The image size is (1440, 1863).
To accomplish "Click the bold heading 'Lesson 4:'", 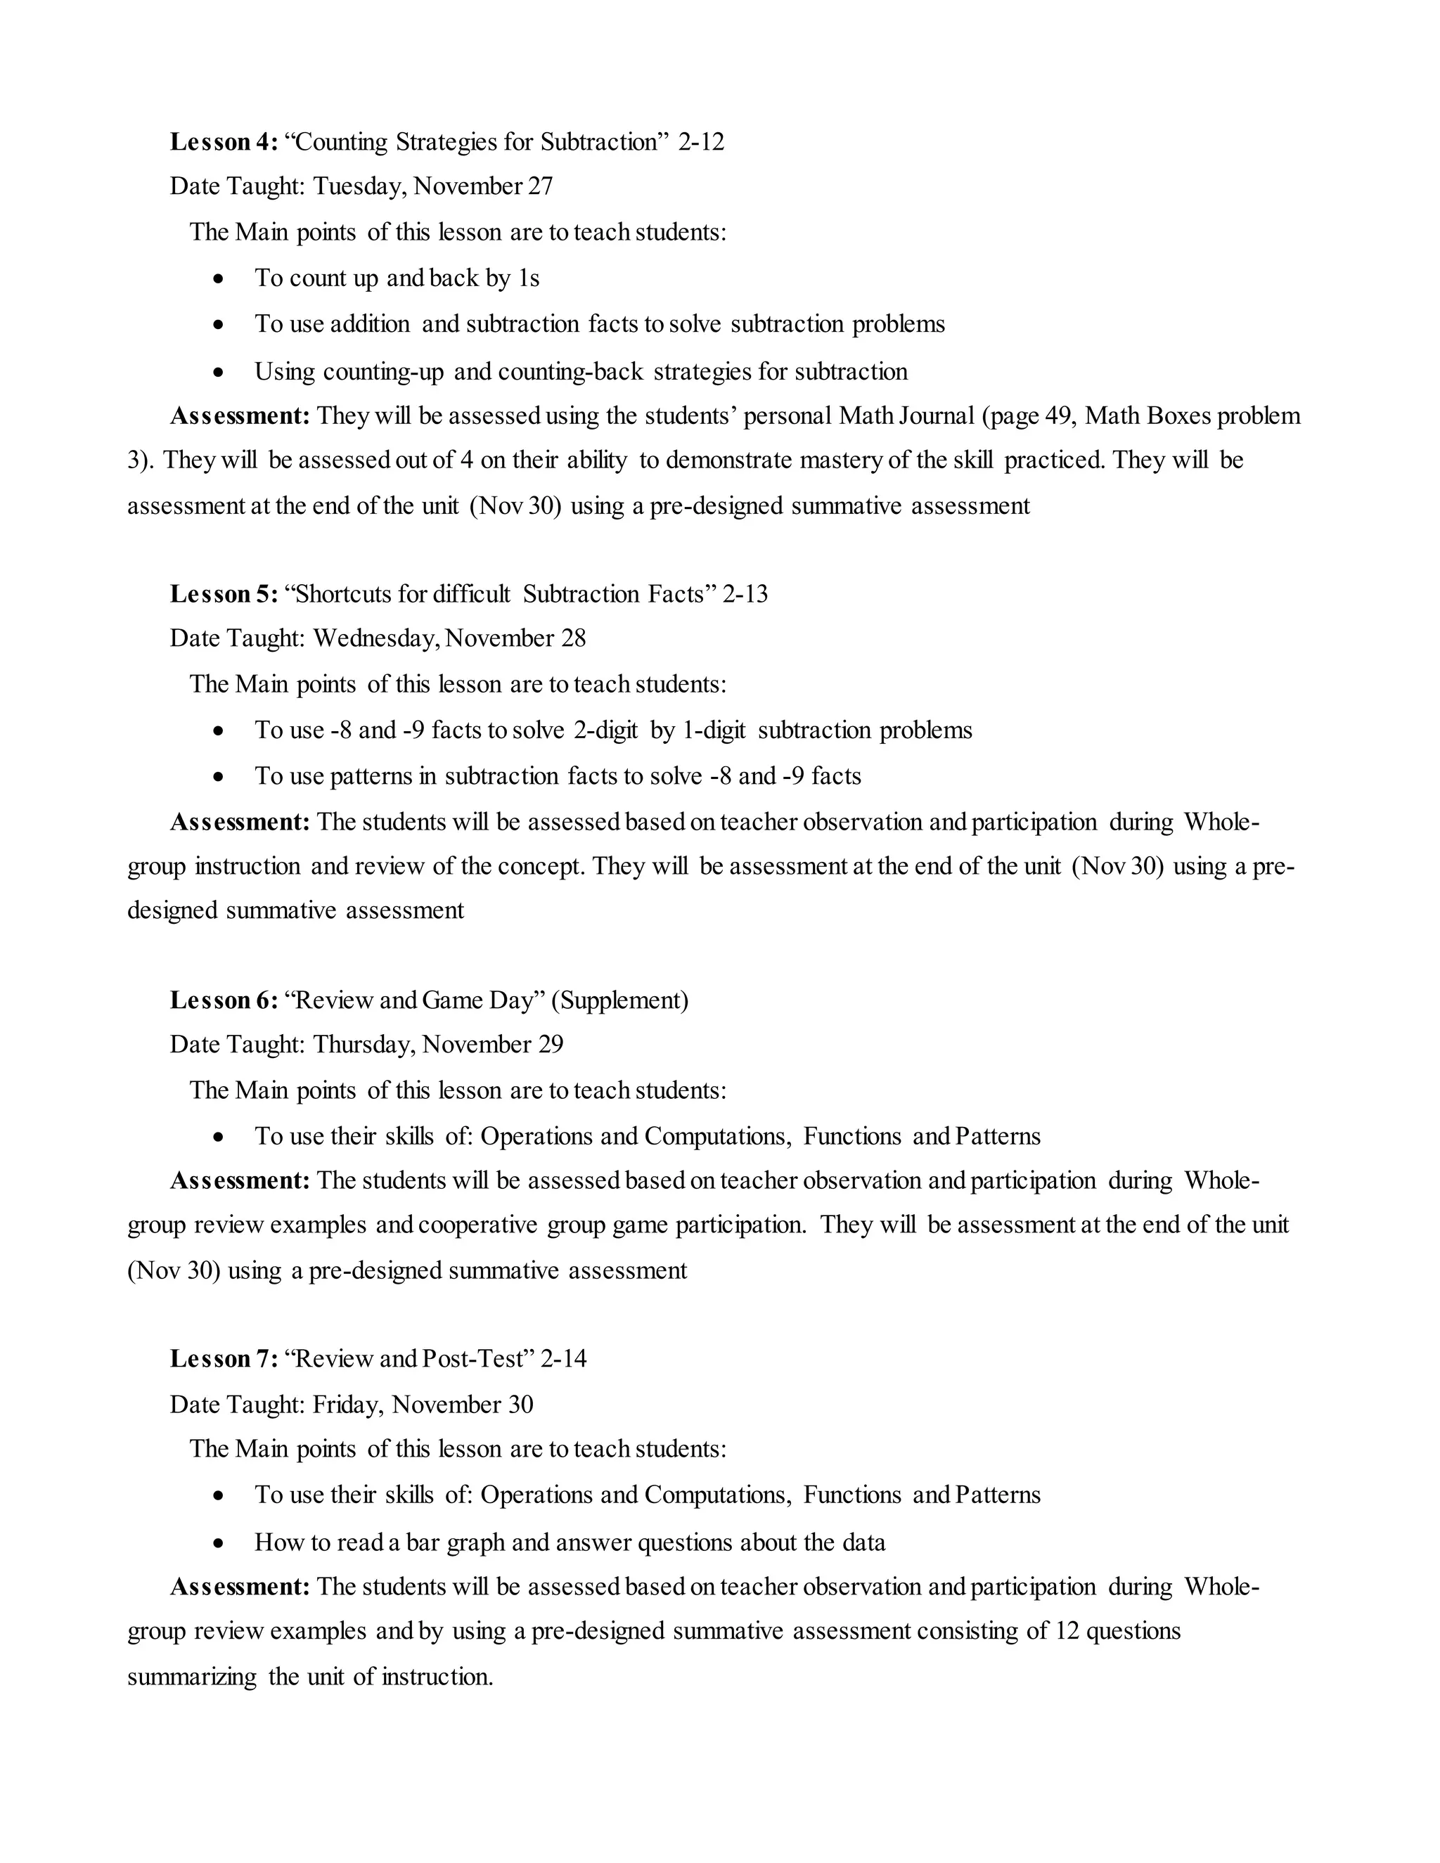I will click(224, 141).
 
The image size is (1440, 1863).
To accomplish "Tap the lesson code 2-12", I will click(701, 141).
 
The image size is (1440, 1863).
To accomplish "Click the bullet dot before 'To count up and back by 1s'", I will click(220, 279).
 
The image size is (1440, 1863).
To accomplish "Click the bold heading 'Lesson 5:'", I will click(224, 594).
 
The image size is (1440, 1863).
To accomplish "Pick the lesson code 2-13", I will click(745, 594).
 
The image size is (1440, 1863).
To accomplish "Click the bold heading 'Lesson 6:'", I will click(224, 1000).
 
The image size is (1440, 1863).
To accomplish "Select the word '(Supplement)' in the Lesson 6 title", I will click(619, 1000).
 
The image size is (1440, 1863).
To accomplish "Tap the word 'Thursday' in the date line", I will click(364, 1044).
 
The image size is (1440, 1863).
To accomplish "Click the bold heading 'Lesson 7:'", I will click(224, 1358).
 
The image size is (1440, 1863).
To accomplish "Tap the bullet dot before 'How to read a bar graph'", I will click(220, 1543).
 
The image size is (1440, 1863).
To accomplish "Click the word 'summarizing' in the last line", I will click(192, 1677).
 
